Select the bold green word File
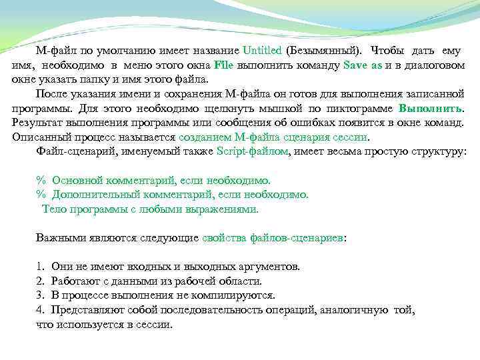pos(223,65)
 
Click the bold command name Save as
pos(362,65)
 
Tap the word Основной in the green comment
pos(75,181)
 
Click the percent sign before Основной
pos(39,181)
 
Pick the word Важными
pos(58,237)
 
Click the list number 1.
pos(39,267)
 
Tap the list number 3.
pos(39,295)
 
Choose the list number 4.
pos(39,310)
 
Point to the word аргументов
pos(269,267)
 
